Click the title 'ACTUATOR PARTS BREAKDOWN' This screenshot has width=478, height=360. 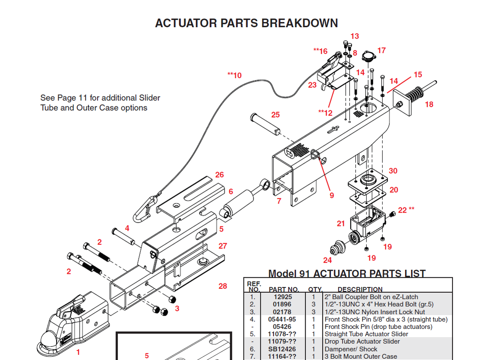(x=246, y=23)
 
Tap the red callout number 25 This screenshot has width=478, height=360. (x=275, y=115)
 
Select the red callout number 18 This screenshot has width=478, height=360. (x=429, y=104)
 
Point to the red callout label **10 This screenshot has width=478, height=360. (x=234, y=76)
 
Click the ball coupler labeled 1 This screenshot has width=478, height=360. (x=73, y=322)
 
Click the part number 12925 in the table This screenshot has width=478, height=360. (x=282, y=297)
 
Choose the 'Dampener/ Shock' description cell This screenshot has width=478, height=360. (x=351, y=349)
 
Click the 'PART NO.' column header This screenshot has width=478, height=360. (x=284, y=289)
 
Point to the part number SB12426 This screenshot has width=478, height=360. (x=282, y=349)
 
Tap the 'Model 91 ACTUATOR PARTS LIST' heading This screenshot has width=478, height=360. (x=347, y=274)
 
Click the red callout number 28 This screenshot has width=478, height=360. (x=222, y=286)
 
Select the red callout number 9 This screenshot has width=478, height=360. (x=332, y=195)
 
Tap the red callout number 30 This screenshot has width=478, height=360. (x=393, y=171)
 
